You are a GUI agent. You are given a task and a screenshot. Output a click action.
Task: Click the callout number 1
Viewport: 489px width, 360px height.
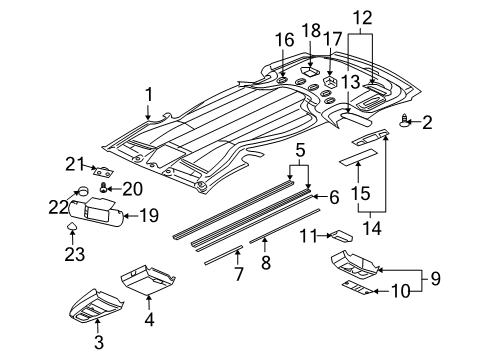(x=148, y=95)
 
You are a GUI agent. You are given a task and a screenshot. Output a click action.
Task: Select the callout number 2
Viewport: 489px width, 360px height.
(x=428, y=122)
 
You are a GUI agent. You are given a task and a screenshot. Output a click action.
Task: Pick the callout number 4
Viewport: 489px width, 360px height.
(x=150, y=321)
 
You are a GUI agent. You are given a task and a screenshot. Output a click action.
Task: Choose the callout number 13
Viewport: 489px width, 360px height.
(x=348, y=82)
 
